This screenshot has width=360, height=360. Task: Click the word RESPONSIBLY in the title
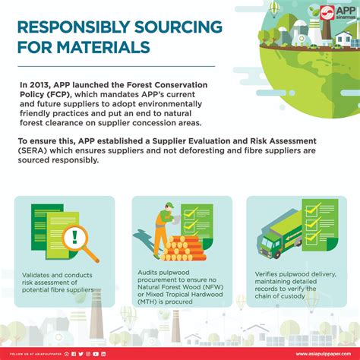(x=72, y=27)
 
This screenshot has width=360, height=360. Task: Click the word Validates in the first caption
(x=37, y=274)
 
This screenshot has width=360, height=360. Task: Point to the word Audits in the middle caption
(x=150, y=271)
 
